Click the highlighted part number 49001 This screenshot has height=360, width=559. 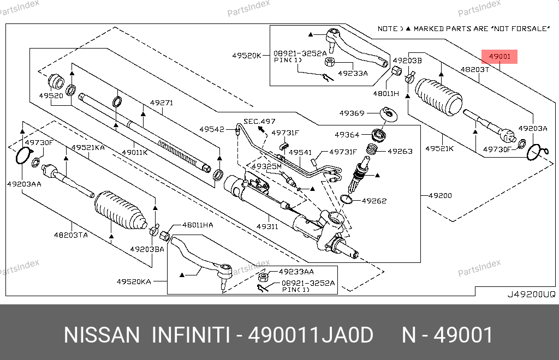[499, 56]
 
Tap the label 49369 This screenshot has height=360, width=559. [352, 113]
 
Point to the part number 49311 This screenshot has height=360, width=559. [267, 226]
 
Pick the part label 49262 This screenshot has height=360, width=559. [374, 201]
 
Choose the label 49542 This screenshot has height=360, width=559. [211, 129]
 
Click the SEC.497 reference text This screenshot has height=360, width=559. [260, 121]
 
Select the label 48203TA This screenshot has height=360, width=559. [71, 235]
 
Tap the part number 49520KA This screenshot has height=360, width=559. [134, 281]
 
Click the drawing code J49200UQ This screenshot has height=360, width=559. [531, 294]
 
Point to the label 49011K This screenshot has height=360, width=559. [134, 152]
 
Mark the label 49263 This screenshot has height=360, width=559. [400, 151]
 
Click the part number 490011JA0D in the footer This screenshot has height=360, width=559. [311, 335]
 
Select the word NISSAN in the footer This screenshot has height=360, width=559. [102, 335]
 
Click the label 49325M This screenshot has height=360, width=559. [266, 166]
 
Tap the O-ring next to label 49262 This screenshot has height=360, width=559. [346, 199]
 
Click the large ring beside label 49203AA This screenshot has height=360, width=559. [22, 155]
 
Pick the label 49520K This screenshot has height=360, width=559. [247, 55]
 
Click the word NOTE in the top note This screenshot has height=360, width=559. [388, 28]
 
